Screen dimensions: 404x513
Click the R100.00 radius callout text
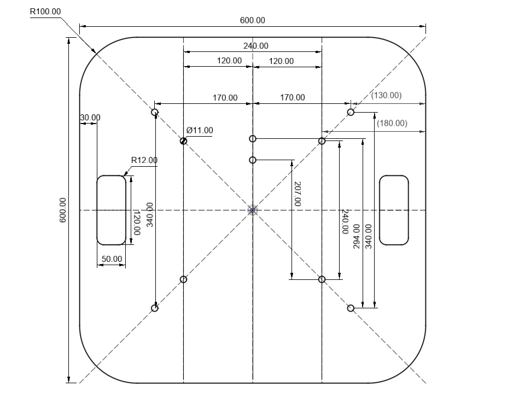[45, 11]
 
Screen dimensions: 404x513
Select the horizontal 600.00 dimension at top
[252, 20]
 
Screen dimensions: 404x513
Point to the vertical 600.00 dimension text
[62, 210]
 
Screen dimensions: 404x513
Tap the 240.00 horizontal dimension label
[255, 46]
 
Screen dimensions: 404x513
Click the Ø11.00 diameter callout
[200, 130]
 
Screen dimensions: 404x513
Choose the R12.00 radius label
[144, 160]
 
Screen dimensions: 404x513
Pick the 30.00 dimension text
[90, 118]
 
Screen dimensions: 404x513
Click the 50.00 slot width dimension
[112, 259]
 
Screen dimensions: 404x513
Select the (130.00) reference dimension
[386, 95]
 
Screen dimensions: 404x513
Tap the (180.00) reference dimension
[392, 123]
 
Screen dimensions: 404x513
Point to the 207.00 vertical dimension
[297, 194]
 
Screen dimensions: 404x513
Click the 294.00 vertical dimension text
[357, 236]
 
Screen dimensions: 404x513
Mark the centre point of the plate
[253, 210]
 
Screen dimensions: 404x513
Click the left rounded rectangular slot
[111, 210]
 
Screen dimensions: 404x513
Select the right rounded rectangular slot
[394, 210]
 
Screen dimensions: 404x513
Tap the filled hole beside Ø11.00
[183, 141]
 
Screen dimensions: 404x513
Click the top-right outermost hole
[351, 113]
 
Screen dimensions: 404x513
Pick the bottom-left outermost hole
[155, 308]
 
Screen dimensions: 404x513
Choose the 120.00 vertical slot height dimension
[136, 223]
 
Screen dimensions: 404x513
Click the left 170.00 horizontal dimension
[225, 98]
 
